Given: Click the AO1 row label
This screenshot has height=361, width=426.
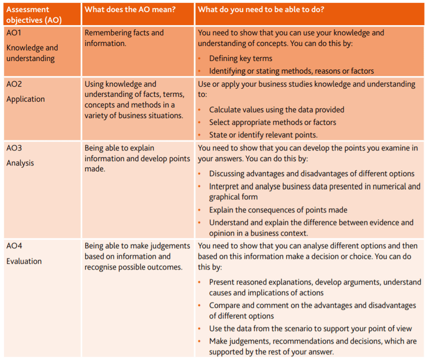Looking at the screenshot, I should (14, 33).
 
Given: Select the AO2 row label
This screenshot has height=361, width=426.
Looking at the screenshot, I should (14, 84).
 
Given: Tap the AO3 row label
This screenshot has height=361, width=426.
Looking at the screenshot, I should (14, 148).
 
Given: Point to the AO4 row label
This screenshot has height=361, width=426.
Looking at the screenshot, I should (14, 246).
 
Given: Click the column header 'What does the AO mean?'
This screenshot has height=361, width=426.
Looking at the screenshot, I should (130, 9).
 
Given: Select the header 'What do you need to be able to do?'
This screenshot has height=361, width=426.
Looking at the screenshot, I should (261, 9).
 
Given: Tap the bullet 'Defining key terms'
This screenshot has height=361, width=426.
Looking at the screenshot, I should (241, 59).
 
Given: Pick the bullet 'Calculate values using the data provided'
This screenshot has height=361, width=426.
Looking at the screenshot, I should (276, 110).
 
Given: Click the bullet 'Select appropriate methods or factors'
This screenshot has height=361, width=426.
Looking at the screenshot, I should (273, 122).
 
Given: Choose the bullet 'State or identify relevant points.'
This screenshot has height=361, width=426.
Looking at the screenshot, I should (263, 135).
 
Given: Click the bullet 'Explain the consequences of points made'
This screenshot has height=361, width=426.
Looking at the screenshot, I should (278, 210).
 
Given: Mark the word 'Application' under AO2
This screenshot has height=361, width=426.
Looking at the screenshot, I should (26, 99).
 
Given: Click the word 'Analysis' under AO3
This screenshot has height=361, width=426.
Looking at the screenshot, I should (20, 163).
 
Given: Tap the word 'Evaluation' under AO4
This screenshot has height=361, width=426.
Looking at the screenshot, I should (24, 261).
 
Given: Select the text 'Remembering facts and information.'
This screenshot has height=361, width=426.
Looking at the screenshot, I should (124, 38).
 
